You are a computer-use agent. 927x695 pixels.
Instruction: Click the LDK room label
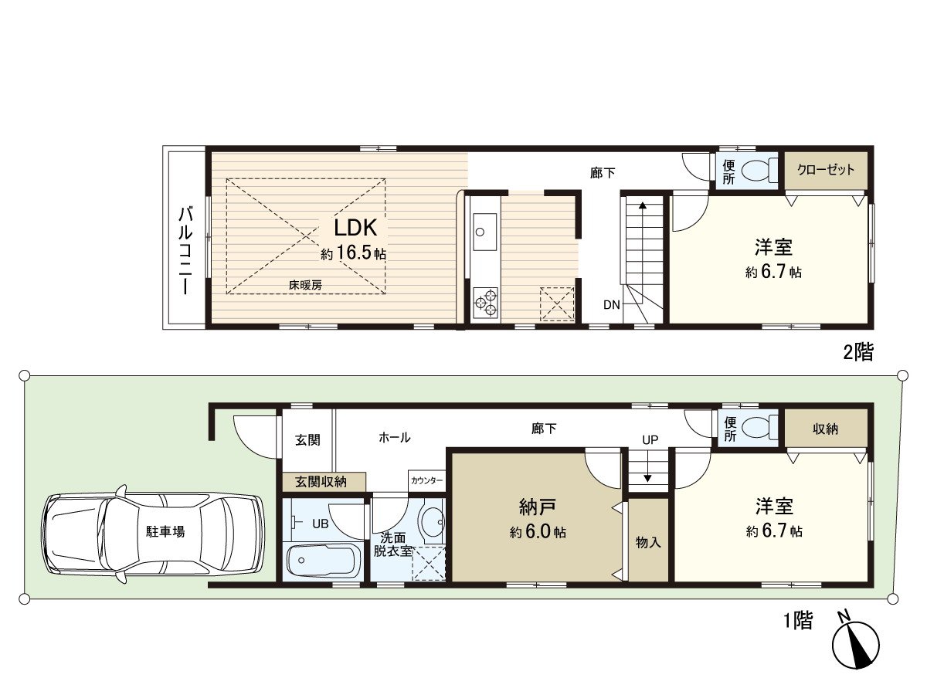coord(355,228)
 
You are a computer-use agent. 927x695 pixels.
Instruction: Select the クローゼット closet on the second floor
coord(826,170)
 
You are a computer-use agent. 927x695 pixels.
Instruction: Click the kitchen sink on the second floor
coord(480,230)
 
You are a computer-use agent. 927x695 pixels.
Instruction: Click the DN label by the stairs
coord(612,305)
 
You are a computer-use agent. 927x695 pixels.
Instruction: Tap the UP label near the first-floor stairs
coord(650,440)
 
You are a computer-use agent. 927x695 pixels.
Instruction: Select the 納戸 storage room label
coord(538,507)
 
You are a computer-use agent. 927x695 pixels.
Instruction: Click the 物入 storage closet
coord(648,541)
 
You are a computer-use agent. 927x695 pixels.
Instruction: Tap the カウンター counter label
coord(427,480)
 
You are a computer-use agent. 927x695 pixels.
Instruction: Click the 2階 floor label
coord(857,353)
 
